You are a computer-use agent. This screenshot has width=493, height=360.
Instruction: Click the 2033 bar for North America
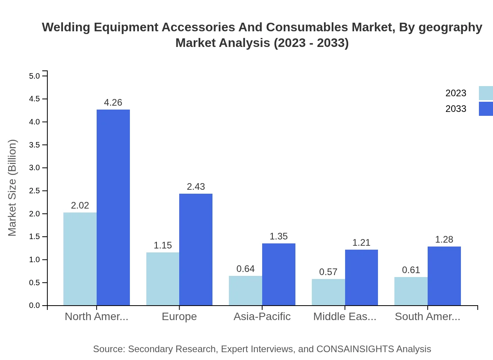click(113, 207)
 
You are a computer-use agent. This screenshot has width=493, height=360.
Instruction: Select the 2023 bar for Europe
click(163, 279)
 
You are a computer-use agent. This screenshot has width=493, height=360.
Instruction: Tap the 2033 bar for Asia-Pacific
click(279, 274)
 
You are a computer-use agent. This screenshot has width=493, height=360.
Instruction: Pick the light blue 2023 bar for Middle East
click(328, 292)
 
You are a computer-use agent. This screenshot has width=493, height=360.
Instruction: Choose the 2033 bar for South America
click(444, 276)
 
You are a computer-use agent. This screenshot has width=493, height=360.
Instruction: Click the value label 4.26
click(113, 103)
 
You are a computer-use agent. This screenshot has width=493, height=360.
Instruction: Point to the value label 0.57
click(328, 272)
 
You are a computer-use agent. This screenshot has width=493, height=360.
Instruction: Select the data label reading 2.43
click(196, 187)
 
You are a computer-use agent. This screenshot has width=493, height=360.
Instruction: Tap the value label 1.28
click(444, 239)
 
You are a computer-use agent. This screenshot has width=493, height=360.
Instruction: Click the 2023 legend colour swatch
click(486, 93)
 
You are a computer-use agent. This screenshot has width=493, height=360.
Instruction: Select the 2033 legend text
click(456, 109)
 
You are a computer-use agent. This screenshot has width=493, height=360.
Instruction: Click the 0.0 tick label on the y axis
click(34, 306)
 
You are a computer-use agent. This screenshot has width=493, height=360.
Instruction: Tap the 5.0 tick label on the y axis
click(34, 76)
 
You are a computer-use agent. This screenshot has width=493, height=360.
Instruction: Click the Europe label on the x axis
click(179, 316)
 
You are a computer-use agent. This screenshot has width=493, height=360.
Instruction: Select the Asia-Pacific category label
click(262, 316)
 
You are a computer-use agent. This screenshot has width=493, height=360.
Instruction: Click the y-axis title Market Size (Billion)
click(13, 188)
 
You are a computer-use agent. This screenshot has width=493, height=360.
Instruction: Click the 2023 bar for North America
click(80, 259)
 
